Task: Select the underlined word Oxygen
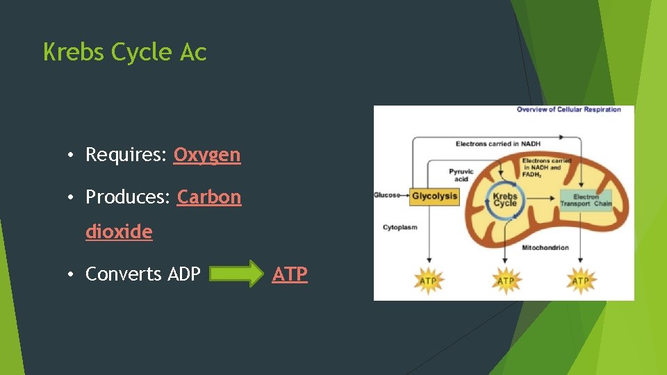click(x=207, y=155)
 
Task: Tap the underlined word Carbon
click(x=209, y=197)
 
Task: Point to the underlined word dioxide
click(x=119, y=232)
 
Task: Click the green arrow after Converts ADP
click(x=233, y=274)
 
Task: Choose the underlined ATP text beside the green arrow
click(x=290, y=274)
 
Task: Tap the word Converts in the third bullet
click(x=122, y=274)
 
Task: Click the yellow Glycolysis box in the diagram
click(x=434, y=196)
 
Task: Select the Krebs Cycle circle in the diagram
click(x=505, y=200)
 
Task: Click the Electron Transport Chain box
click(x=585, y=200)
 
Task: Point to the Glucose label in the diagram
click(x=387, y=195)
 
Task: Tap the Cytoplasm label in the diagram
click(x=400, y=228)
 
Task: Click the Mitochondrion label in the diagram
click(x=545, y=248)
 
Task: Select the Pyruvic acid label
click(x=461, y=175)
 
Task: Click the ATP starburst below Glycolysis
click(x=429, y=281)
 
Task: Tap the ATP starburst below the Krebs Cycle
click(x=506, y=281)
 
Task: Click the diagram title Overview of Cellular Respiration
click(x=568, y=110)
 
